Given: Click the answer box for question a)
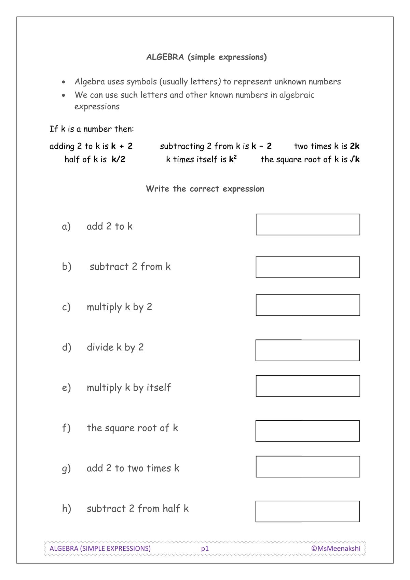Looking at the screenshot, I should coord(308,225).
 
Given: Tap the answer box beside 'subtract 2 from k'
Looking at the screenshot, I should coord(308,267).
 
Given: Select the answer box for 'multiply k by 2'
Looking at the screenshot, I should coord(308,305).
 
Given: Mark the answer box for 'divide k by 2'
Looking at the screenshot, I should coord(307,350).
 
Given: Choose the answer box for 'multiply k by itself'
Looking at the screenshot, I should coord(308,386).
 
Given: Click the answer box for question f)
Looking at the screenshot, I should coord(307,431).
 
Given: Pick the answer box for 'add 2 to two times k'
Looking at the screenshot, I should coord(308,467).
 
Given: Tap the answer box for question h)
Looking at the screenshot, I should coord(307,511).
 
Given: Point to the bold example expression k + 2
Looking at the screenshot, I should coord(122,146).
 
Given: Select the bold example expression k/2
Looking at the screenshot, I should coord(118,159).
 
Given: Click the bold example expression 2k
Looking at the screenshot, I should coord(355,146).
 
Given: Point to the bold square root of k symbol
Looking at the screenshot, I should coord(355,159).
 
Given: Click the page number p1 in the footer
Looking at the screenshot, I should coord(205,549).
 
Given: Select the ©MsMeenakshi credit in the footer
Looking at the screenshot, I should coord(336,549).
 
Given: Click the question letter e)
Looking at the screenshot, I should coord(66,388).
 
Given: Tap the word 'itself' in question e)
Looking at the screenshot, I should coord(159,388).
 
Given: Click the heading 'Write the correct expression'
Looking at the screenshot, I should coord(205,189).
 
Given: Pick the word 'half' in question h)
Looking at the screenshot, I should coord(171,509).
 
